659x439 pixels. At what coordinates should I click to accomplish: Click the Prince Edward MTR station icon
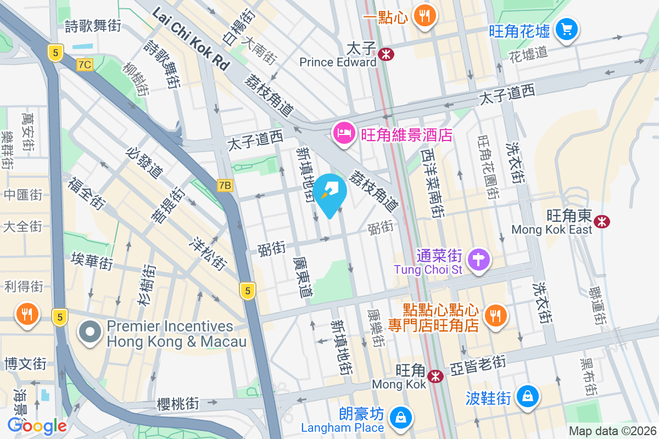click(387, 53)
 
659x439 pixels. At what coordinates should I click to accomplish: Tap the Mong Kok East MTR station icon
click(602, 221)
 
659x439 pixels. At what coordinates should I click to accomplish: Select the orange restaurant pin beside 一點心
click(425, 16)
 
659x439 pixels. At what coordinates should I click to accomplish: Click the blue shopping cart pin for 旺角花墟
click(566, 29)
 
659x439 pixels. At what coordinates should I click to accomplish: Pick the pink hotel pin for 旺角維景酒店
click(344, 133)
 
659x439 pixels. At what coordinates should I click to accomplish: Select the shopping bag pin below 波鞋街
click(528, 396)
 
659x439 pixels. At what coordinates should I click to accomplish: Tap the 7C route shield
click(85, 65)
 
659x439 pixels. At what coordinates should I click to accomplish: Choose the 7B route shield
click(225, 185)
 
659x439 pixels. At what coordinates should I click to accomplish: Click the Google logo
click(37, 425)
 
